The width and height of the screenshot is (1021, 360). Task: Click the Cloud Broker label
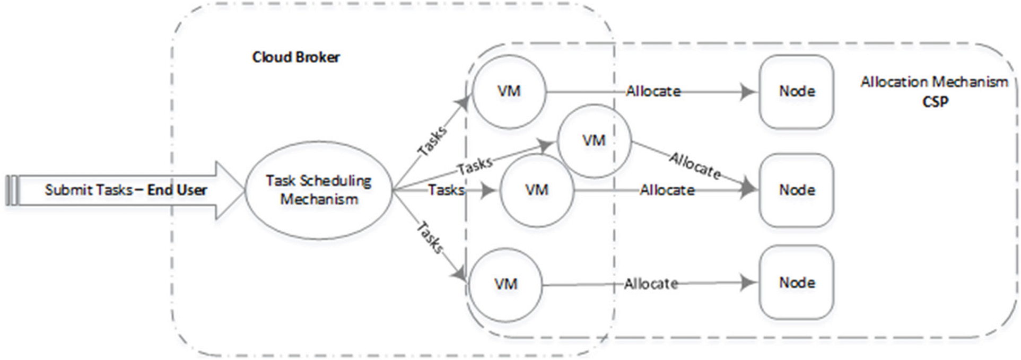pyautogui.click(x=295, y=57)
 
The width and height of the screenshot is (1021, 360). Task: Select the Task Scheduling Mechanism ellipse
pyautogui.click(x=319, y=190)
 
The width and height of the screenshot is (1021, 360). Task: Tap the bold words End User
pyautogui.click(x=177, y=190)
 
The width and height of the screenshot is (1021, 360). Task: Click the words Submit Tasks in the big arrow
pyautogui.click(x=88, y=190)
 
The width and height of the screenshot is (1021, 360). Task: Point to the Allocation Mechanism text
pyautogui.click(x=933, y=82)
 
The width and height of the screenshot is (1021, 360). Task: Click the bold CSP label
pyautogui.click(x=935, y=101)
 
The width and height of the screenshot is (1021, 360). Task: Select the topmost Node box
pyautogui.click(x=796, y=91)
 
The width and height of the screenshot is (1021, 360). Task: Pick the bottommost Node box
pyautogui.click(x=796, y=283)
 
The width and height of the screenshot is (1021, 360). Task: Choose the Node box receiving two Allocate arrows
pyautogui.click(x=796, y=190)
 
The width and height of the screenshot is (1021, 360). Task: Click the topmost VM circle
pyautogui.click(x=509, y=91)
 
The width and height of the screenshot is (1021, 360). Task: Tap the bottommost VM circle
pyautogui.click(x=505, y=284)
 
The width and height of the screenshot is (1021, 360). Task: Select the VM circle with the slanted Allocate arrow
pyautogui.click(x=594, y=141)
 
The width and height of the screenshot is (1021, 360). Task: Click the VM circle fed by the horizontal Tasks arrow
pyautogui.click(x=536, y=190)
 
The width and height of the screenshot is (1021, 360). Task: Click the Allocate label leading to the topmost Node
pyautogui.click(x=653, y=91)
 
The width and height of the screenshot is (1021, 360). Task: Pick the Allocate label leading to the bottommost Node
pyautogui.click(x=651, y=284)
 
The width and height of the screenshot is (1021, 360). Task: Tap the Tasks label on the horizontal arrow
pyautogui.click(x=446, y=189)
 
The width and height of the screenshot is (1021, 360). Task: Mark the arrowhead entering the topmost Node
pyautogui.click(x=749, y=92)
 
